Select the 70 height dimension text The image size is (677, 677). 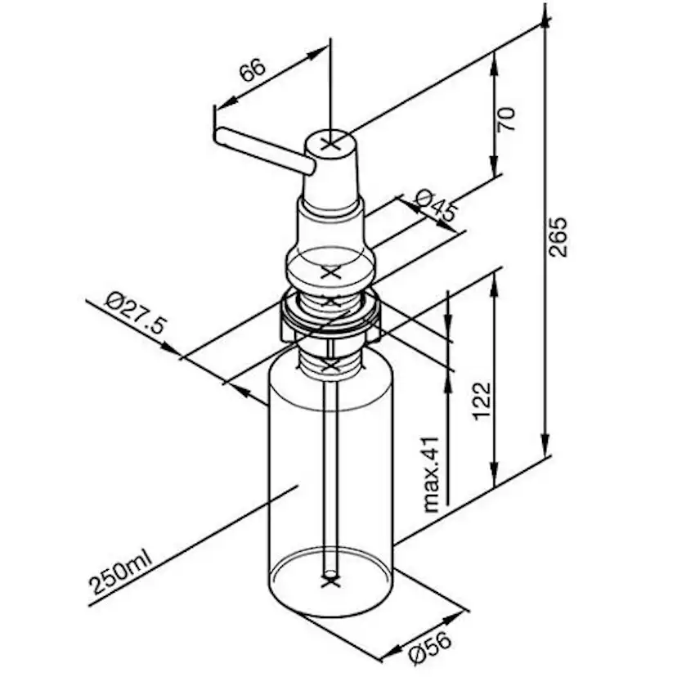[509, 120]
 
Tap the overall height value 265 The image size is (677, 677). [558, 238]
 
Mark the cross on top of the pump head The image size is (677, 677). [330, 144]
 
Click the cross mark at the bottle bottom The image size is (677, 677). [330, 583]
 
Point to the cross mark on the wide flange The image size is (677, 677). [330, 272]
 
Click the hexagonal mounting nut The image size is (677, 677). [330, 319]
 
